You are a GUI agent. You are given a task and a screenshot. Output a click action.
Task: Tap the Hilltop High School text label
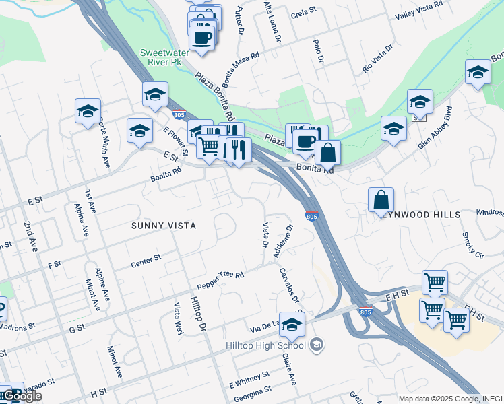[x=266, y=346]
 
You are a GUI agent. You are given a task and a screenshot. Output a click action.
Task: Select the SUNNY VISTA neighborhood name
[x=164, y=226]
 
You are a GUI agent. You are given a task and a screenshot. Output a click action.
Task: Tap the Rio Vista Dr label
[x=377, y=59]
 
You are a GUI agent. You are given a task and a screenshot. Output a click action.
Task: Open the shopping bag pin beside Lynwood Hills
[x=381, y=200]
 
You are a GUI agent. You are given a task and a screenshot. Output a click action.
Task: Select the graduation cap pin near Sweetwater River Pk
[x=155, y=95]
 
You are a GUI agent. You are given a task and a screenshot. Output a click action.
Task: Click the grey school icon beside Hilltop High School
[x=317, y=346]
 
